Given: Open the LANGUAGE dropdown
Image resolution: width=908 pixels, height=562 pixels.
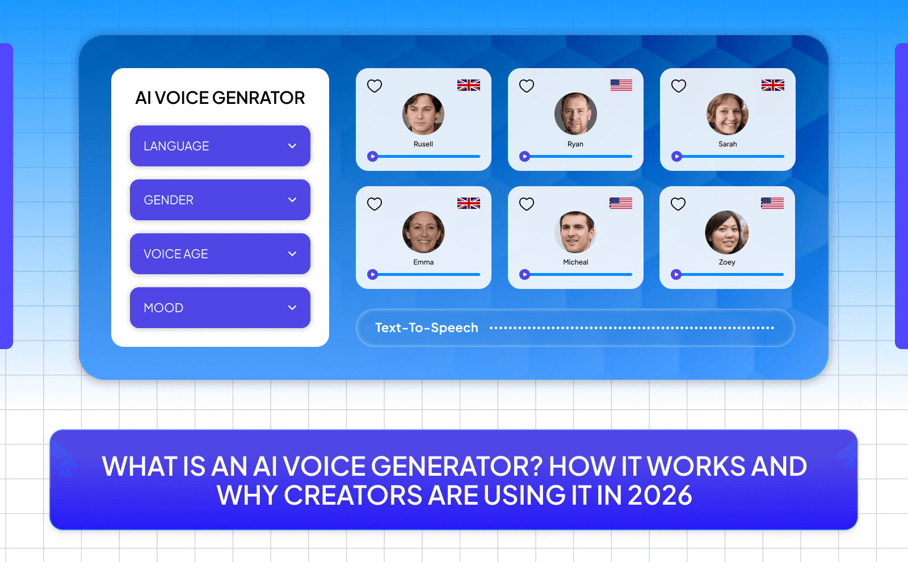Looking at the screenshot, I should coord(220,146).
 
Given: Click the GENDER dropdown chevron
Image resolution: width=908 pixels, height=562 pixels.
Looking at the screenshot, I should coord(292,200).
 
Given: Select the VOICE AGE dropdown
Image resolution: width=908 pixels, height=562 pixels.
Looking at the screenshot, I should coord(220,254).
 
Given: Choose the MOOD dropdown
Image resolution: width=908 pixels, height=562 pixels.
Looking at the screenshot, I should coord(220,308).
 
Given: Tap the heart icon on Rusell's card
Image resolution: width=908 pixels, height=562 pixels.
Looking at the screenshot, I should coord(375,86).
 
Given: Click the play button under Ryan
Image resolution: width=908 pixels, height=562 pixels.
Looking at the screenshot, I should coord(525,156).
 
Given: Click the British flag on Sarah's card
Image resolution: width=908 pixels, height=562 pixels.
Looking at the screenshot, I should coord(773,85).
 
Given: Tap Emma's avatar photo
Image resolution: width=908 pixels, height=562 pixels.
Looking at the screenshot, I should coord(423,232).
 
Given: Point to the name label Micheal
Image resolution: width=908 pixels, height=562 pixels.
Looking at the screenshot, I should coord(575,262).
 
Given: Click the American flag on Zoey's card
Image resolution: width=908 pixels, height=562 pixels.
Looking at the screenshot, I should coord(772,203).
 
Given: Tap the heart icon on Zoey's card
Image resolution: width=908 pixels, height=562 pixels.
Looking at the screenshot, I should coord(678,204).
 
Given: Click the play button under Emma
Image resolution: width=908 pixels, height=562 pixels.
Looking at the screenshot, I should coord(373,275).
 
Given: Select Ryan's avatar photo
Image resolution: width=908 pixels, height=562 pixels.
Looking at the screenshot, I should coord(575,114).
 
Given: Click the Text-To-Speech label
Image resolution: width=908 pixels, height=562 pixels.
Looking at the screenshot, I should coord(427,328).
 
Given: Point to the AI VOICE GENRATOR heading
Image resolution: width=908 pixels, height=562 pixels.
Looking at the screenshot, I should coord(220,98).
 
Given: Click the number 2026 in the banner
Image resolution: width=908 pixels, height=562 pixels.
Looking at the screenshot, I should coord(660,495).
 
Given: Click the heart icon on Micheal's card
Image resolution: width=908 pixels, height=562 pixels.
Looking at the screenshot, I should coord(527,204).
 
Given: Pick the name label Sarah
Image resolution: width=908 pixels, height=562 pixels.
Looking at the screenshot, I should coord(728,144).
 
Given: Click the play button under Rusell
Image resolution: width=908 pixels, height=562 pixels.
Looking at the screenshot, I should coord(373,157).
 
